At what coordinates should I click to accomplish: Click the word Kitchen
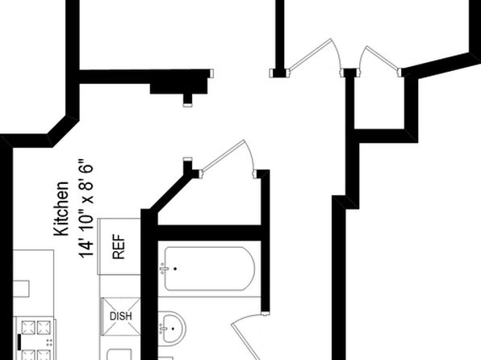click(x=61, y=209)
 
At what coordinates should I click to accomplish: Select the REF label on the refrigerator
click(x=119, y=247)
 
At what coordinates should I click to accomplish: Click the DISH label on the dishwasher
click(x=121, y=316)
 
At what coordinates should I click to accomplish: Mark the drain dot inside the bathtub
click(x=175, y=269)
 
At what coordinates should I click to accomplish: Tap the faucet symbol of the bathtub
click(x=164, y=269)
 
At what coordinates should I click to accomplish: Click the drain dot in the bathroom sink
click(x=173, y=329)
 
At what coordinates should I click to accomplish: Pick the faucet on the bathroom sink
click(x=164, y=329)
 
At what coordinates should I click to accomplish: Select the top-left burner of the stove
click(x=28, y=327)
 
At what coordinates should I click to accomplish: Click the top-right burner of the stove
click(x=44, y=327)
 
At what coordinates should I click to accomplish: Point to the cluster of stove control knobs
click(x=49, y=342)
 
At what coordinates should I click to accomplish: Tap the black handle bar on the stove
click(x=19, y=342)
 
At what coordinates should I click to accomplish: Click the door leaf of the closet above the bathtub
click(x=223, y=155)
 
